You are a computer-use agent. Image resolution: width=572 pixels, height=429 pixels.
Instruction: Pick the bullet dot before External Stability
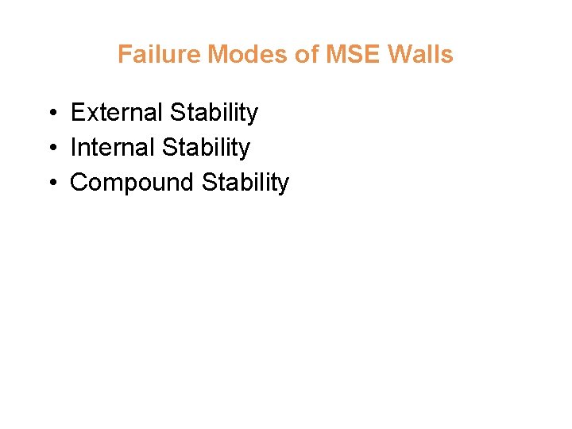coord(50,114)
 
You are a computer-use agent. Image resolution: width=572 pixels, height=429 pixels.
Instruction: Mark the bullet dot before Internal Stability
coord(50,149)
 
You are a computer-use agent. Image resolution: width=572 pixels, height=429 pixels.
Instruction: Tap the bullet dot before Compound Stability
coord(50,184)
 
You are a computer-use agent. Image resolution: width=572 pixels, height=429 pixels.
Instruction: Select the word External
coord(116,113)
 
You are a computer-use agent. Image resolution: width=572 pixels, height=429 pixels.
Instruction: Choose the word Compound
coord(133,183)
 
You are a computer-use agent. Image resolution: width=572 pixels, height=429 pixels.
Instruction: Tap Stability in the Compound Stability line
coord(245,184)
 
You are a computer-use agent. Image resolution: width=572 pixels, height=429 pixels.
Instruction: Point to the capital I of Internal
coord(74,148)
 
